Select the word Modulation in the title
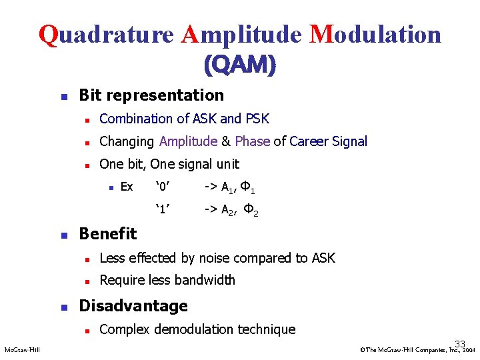coord(375,33)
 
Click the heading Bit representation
coord(151,95)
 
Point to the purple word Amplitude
coord(188,141)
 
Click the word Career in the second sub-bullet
coord(310,141)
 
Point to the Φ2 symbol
coord(251,211)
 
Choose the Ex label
coord(126,187)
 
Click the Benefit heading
coord(107,233)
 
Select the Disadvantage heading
coord(133,306)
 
